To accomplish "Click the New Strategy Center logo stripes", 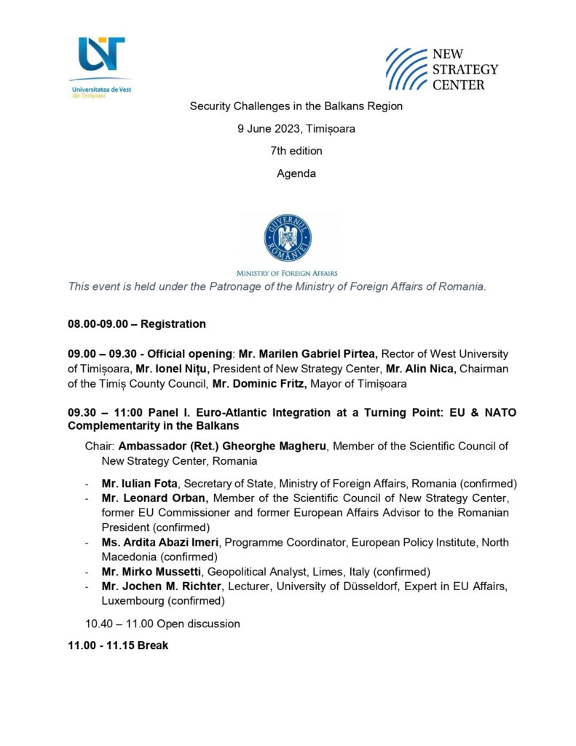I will tap(406, 68).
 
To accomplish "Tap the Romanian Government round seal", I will tap(288, 238).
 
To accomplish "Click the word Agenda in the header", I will tap(296, 173).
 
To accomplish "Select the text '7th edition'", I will tap(296, 151).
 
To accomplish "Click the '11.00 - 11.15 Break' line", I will tap(118, 645).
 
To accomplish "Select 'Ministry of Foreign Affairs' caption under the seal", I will tap(287, 273).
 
